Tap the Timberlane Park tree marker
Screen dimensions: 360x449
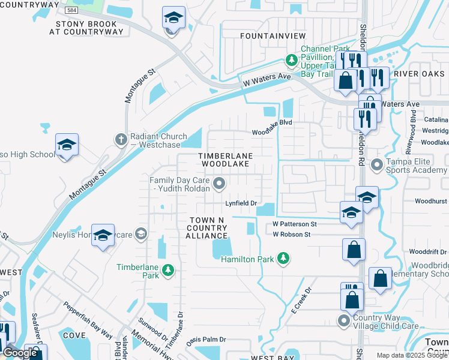point(169,271)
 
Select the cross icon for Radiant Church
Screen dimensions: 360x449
point(120,139)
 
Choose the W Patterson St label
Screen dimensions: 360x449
point(294,224)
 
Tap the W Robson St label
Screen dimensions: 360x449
point(291,234)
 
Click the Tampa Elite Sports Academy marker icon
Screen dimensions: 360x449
point(377,164)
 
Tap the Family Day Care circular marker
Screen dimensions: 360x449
point(220,184)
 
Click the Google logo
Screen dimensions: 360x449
point(20,353)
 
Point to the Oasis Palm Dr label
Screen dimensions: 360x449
point(206,340)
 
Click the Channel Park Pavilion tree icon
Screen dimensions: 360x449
point(291,60)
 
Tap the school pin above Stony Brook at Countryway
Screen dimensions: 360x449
point(173,19)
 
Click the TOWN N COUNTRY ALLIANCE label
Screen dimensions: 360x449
point(207,228)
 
